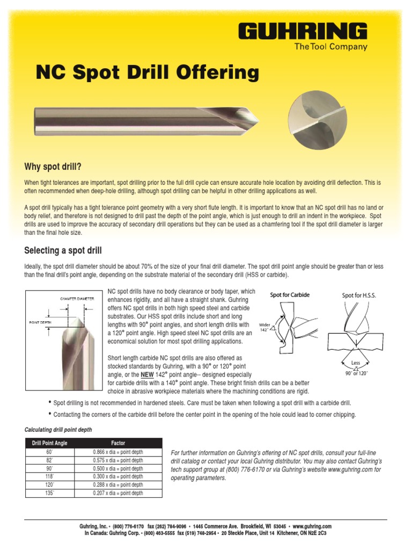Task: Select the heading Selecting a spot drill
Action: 63,250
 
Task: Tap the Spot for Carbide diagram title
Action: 290,295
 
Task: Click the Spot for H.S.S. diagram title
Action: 359,295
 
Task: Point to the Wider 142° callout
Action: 264,328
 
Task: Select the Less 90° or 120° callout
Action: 356,368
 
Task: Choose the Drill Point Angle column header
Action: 50,443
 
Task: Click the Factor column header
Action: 118,443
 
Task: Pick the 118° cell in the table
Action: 50,476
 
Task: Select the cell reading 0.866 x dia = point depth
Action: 118,452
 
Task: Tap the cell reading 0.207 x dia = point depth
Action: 118,493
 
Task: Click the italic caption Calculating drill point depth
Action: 58,430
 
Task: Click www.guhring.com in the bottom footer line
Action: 312,526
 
